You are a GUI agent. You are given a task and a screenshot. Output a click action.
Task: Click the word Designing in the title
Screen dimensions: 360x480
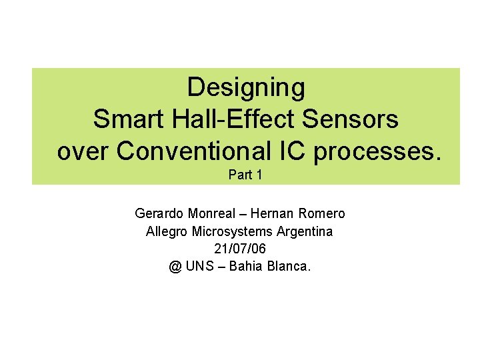246,87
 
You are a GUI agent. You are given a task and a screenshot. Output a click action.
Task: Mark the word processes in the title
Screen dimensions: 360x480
377,152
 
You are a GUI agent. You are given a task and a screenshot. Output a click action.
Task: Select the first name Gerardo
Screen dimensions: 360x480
158,214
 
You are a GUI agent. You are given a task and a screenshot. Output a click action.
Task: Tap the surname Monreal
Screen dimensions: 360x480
213,214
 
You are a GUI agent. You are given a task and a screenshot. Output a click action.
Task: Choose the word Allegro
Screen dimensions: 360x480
167,232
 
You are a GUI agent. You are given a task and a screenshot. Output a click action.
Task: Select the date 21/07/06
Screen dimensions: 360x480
239,249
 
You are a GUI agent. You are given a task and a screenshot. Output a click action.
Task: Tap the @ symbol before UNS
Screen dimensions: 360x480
175,267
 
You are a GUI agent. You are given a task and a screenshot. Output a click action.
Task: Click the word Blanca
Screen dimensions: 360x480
291,267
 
